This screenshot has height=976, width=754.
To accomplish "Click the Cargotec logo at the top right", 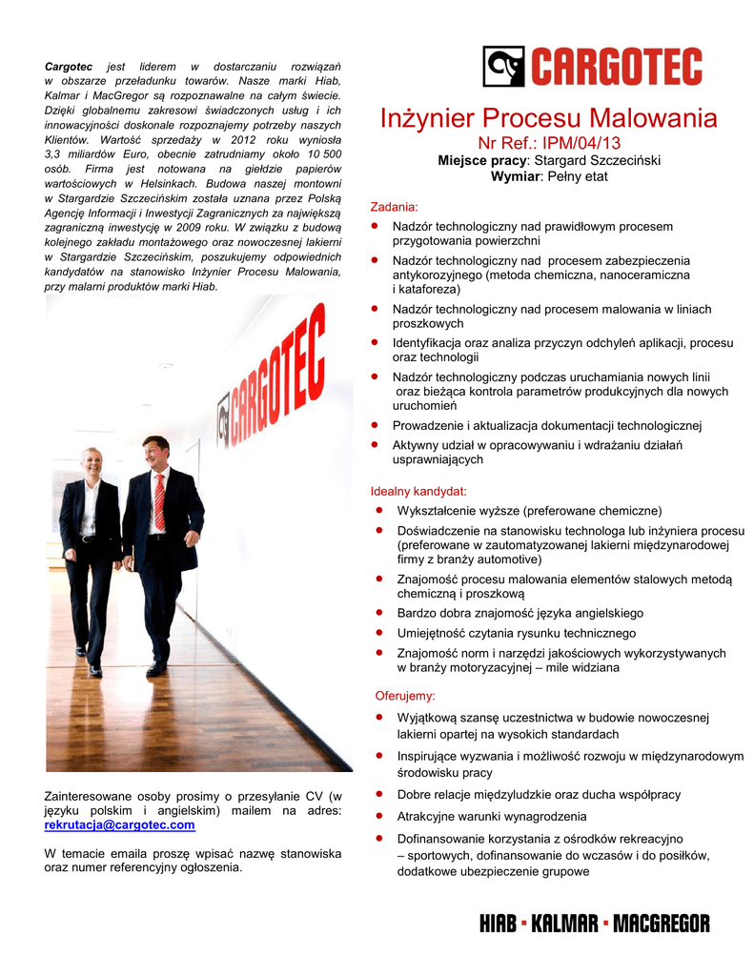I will click(592, 68).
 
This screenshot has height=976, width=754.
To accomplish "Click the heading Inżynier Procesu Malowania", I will click(548, 119).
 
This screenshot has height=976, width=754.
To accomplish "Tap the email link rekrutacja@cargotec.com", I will click(120, 824).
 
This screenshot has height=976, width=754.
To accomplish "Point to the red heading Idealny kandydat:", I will click(418, 492).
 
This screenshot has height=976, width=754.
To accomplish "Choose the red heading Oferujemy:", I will click(405, 696).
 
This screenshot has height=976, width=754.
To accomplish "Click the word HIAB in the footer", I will click(499, 924).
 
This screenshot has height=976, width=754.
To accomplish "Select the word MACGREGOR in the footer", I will click(661, 924).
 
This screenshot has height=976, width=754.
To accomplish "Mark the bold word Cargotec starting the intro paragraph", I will click(69, 66).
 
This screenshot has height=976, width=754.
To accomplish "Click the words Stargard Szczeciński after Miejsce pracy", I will click(596, 161).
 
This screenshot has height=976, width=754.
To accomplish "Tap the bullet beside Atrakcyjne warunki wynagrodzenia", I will click(378, 817).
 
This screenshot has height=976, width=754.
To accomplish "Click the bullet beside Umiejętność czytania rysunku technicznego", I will click(378, 633).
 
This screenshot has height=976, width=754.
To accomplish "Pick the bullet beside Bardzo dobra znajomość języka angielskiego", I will click(378, 613).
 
